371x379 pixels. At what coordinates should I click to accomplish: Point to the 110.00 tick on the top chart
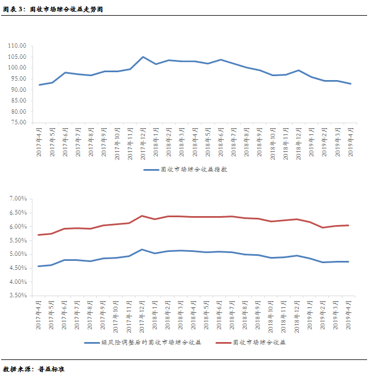(x=17, y=46)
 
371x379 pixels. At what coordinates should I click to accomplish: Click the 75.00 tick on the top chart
(x=18, y=123)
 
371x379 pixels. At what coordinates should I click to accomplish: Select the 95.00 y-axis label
(x=18, y=90)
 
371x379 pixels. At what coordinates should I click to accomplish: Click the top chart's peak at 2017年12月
(x=143, y=57)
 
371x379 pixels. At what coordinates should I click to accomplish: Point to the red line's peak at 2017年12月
(x=142, y=216)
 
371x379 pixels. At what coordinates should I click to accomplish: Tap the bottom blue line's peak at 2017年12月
(x=142, y=250)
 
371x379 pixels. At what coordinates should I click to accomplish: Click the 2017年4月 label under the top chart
(x=40, y=143)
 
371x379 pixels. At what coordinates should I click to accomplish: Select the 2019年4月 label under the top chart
(x=350, y=143)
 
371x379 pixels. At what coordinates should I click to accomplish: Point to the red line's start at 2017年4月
(x=39, y=235)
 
